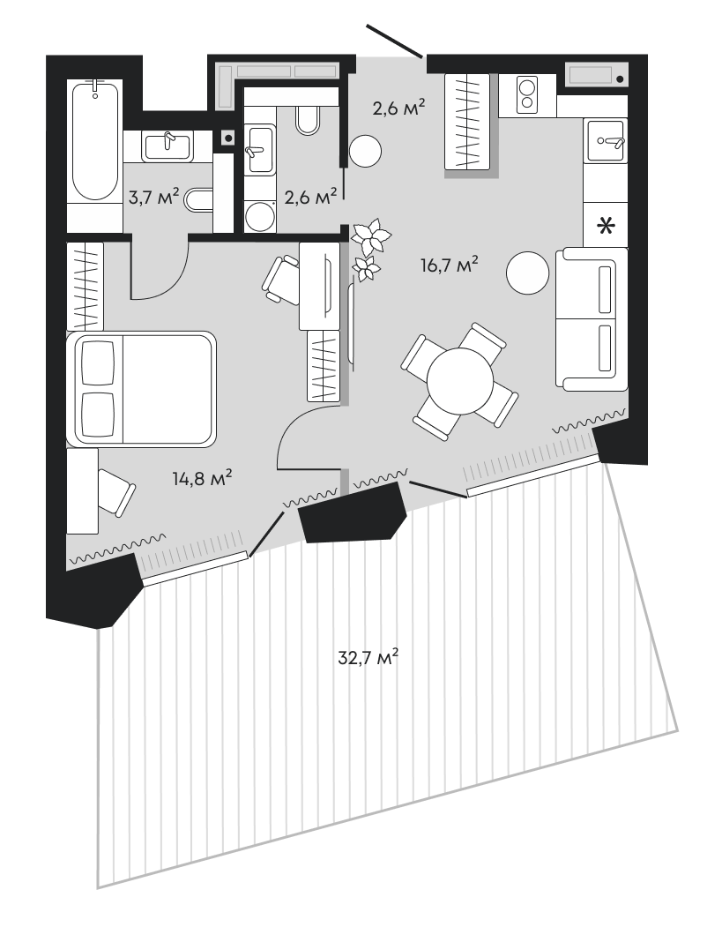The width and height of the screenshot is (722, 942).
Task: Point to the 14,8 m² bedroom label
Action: [202, 479]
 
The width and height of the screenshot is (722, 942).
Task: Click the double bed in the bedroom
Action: [141, 388]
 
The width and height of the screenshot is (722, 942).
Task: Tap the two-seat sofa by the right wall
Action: [592, 318]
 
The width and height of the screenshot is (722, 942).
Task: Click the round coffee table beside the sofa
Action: [528, 273]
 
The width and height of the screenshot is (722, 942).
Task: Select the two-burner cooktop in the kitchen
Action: [527, 95]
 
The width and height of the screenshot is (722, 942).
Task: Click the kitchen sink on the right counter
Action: [606, 139]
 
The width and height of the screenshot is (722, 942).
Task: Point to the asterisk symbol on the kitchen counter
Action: [606, 227]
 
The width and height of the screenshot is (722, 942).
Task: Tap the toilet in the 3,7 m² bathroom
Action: [199, 201]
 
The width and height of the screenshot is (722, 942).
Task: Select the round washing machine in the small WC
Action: [259, 216]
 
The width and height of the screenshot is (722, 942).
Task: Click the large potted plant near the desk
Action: [370, 236]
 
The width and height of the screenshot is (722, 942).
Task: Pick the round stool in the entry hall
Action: [365, 152]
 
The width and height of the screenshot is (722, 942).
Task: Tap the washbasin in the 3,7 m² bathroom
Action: [167, 146]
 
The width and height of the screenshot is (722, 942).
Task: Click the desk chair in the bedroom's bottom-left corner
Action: [115, 490]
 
